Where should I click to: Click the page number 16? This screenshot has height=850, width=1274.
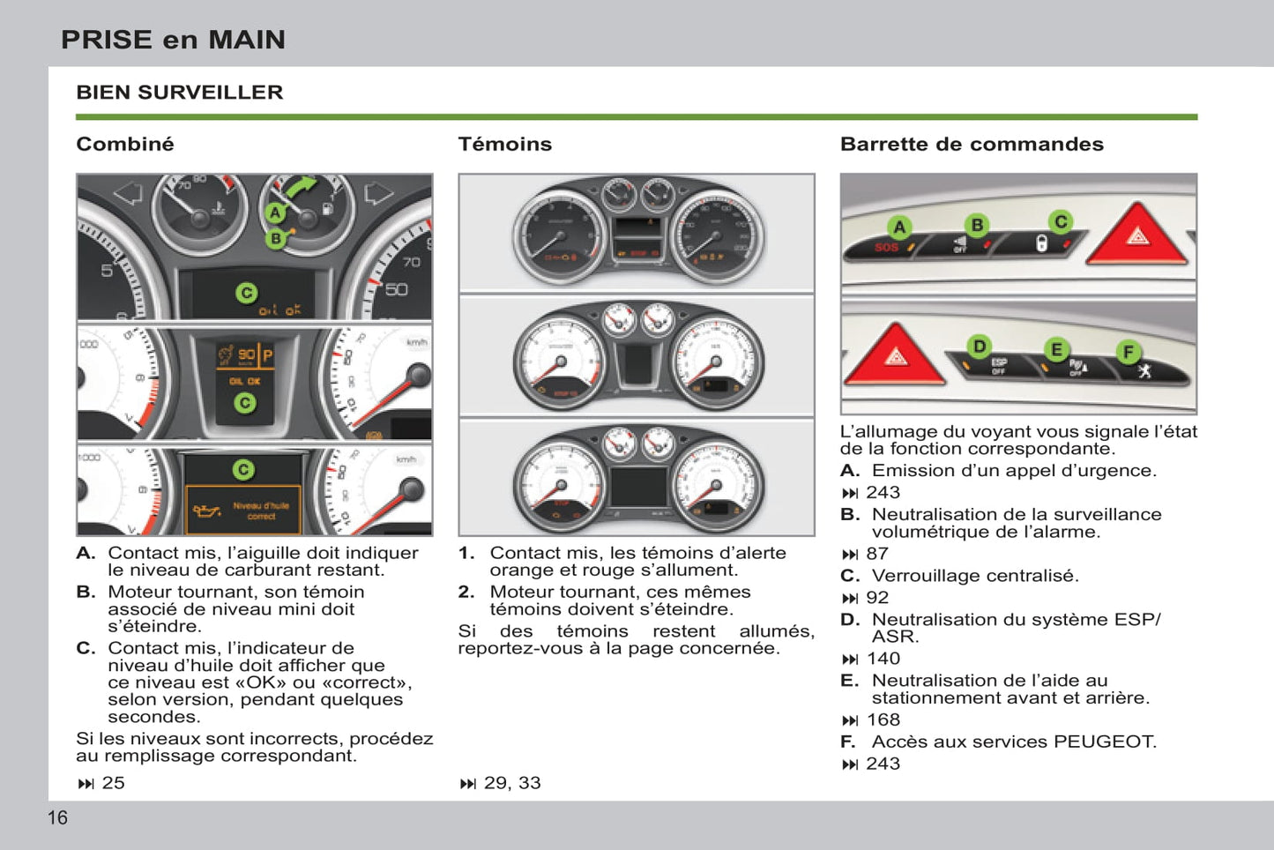tap(57, 818)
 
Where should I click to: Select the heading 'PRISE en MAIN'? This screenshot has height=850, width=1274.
tap(173, 40)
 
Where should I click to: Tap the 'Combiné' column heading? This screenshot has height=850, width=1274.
tap(125, 144)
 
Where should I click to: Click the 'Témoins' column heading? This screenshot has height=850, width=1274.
tap(504, 144)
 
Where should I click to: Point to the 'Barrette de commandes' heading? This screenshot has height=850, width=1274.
tap(972, 144)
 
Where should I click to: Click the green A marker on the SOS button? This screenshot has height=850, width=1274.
tap(899, 227)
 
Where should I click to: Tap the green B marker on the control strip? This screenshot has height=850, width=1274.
tap(977, 225)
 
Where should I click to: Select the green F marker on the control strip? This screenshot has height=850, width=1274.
tap(1128, 353)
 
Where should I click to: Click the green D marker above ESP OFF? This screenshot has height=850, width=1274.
tap(979, 347)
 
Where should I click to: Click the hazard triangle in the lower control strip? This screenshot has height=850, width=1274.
tap(896, 356)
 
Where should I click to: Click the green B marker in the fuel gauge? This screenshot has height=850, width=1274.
tap(276, 238)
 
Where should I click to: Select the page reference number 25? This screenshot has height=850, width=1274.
tap(113, 783)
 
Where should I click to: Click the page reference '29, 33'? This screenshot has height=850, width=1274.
tap(512, 783)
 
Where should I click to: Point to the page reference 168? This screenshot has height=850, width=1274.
tap(883, 720)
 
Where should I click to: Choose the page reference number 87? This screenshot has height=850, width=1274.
tap(877, 554)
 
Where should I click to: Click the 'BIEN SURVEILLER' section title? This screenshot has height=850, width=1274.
tap(180, 93)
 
